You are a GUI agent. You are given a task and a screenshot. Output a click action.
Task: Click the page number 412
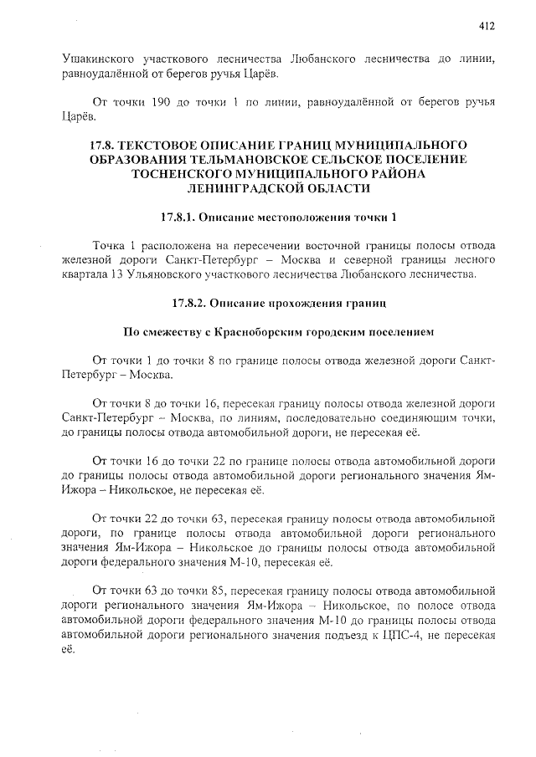487,26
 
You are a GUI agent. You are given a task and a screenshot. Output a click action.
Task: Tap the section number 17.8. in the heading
106,145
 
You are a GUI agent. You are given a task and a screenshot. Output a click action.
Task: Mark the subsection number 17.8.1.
182,217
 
